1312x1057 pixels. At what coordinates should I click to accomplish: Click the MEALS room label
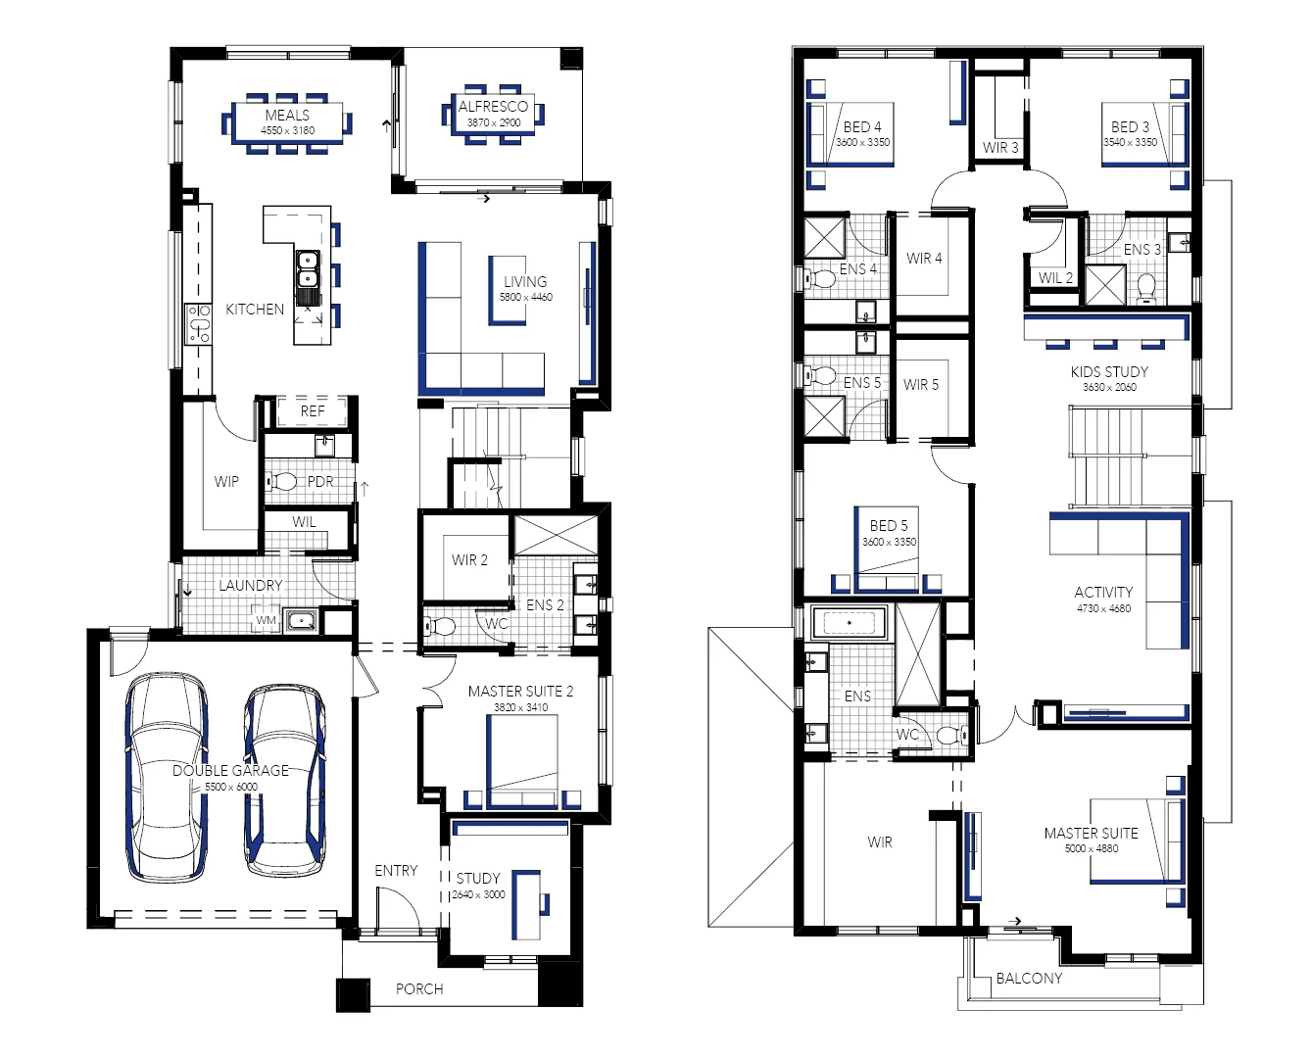pyautogui.click(x=287, y=116)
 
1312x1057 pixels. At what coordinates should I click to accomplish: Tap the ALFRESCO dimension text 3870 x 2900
pyautogui.click(x=494, y=122)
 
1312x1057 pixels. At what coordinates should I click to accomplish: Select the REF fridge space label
pyautogui.click(x=313, y=411)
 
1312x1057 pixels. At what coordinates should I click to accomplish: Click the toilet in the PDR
pyautogui.click(x=281, y=482)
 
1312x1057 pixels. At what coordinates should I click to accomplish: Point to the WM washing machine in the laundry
pyautogui.click(x=266, y=620)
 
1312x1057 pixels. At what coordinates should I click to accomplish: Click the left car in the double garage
pyautogui.click(x=167, y=776)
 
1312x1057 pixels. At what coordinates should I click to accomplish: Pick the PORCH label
pyautogui.click(x=419, y=988)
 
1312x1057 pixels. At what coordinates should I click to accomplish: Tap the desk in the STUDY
pyautogui.click(x=526, y=904)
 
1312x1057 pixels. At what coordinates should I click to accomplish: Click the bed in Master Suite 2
pyautogui.click(x=522, y=762)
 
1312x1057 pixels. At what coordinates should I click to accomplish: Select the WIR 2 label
pyautogui.click(x=469, y=560)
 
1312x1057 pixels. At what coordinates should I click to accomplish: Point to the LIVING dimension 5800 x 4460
pyautogui.click(x=525, y=298)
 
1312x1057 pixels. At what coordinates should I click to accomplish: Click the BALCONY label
pyautogui.click(x=1029, y=979)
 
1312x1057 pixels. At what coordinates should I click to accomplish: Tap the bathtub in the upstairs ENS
pyautogui.click(x=850, y=622)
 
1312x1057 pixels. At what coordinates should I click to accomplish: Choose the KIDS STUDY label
pyautogui.click(x=1109, y=372)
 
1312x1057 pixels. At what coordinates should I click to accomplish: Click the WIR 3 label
pyautogui.click(x=1000, y=148)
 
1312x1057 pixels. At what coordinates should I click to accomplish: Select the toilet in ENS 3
pyautogui.click(x=1146, y=288)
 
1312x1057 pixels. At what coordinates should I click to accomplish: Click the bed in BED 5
pyautogui.click(x=886, y=549)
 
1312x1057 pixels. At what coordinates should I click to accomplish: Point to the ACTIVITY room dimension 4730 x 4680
pyautogui.click(x=1103, y=608)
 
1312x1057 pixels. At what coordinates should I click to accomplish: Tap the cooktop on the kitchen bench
pyautogui.click(x=199, y=323)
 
